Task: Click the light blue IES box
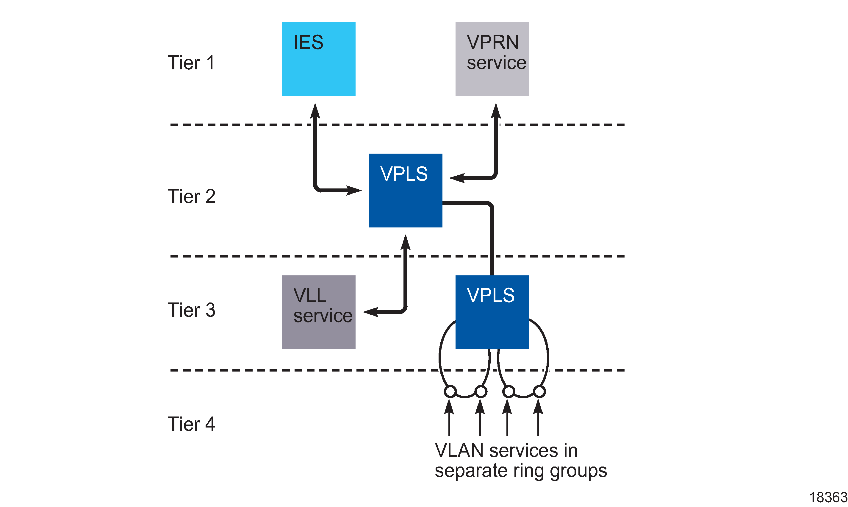(x=318, y=59)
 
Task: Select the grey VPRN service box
(x=492, y=59)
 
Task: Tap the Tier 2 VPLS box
(x=405, y=190)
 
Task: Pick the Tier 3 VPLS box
(x=492, y=312)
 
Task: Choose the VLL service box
(x=318, y=312)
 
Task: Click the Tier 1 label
(x=191, y=63)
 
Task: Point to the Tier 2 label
(x=191, y=196)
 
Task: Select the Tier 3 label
(x=191, y=310)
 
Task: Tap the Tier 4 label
(x=191, y=424)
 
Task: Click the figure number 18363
(x=828, y=497)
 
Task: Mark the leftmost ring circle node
(x=450, y=391)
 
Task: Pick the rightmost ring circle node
(x=539, y=391)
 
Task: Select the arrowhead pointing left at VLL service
(x=370, y=312)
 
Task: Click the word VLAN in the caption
(x=459, y=450)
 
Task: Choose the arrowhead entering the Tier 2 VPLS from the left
(x=354, y=190)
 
